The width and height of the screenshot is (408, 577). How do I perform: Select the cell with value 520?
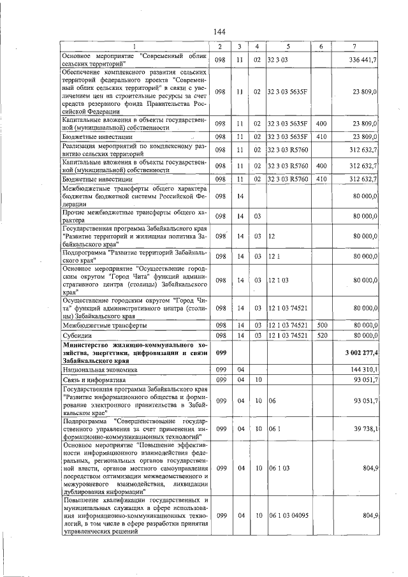tap(321, 335)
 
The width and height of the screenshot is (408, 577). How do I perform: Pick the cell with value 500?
tap(321, 325)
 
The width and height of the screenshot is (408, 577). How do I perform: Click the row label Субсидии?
tap(76, 335)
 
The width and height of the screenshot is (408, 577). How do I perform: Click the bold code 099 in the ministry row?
tap(221, 353)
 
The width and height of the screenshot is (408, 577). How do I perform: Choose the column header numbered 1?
tap(135, 47)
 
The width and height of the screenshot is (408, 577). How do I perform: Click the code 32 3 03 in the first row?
tap(279, 59)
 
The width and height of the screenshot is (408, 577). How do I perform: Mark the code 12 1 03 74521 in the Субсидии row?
tap(288, 335)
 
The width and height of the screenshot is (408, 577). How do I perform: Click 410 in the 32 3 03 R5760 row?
tap(321, 180)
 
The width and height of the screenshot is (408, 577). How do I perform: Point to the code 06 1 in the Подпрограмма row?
tap(274, 428)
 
